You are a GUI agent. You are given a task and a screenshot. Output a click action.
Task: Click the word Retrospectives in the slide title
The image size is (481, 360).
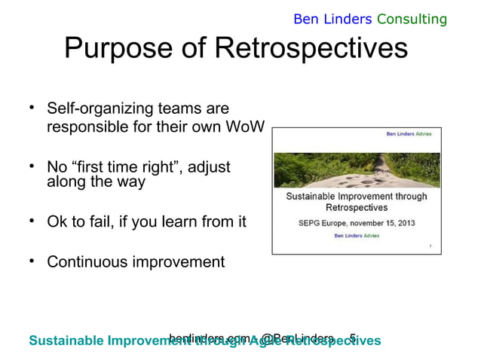(311, 50)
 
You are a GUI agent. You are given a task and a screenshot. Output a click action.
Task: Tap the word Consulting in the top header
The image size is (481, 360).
(412, 19)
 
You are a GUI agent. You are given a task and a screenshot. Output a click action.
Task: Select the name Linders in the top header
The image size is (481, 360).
(348, 19)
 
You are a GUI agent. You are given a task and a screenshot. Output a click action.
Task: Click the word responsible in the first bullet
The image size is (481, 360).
(84, 127)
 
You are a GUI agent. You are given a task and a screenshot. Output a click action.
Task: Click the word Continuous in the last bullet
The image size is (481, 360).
(84, 262)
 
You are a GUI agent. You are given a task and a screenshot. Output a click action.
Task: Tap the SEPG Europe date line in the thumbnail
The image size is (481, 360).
(356, 223)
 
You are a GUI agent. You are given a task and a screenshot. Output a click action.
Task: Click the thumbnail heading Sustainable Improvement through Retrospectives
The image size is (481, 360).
(356, 201)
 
